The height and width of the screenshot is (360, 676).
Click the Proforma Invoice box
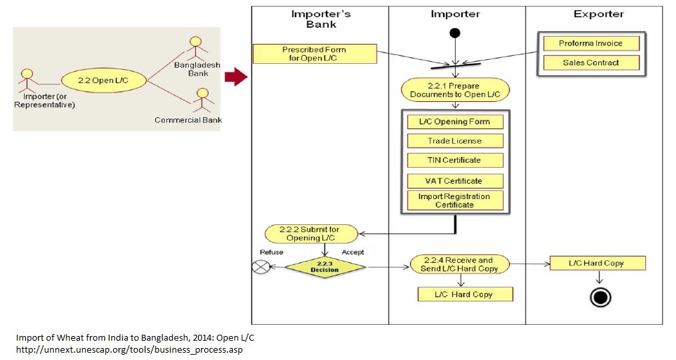(591, 43)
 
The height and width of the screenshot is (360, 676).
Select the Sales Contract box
(591, 63)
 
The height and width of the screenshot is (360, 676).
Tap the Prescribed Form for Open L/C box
(314, 54)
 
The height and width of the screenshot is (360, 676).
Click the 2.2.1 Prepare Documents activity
(455, 90)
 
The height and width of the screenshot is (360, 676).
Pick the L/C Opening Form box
(455, 122)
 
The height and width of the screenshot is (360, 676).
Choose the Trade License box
(455, 141)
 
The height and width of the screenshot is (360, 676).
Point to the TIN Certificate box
(455, 160)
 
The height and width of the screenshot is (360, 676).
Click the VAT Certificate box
(455, 181)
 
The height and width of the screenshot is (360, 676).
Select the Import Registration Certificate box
(455, 200)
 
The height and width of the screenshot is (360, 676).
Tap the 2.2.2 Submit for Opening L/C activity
(311, 234)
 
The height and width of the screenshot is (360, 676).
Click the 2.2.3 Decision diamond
(325, 267)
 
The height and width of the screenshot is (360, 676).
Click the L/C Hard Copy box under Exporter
(596, 263)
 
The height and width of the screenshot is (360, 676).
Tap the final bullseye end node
(600, 297)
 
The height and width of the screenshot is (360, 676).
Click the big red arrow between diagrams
(236, 77)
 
